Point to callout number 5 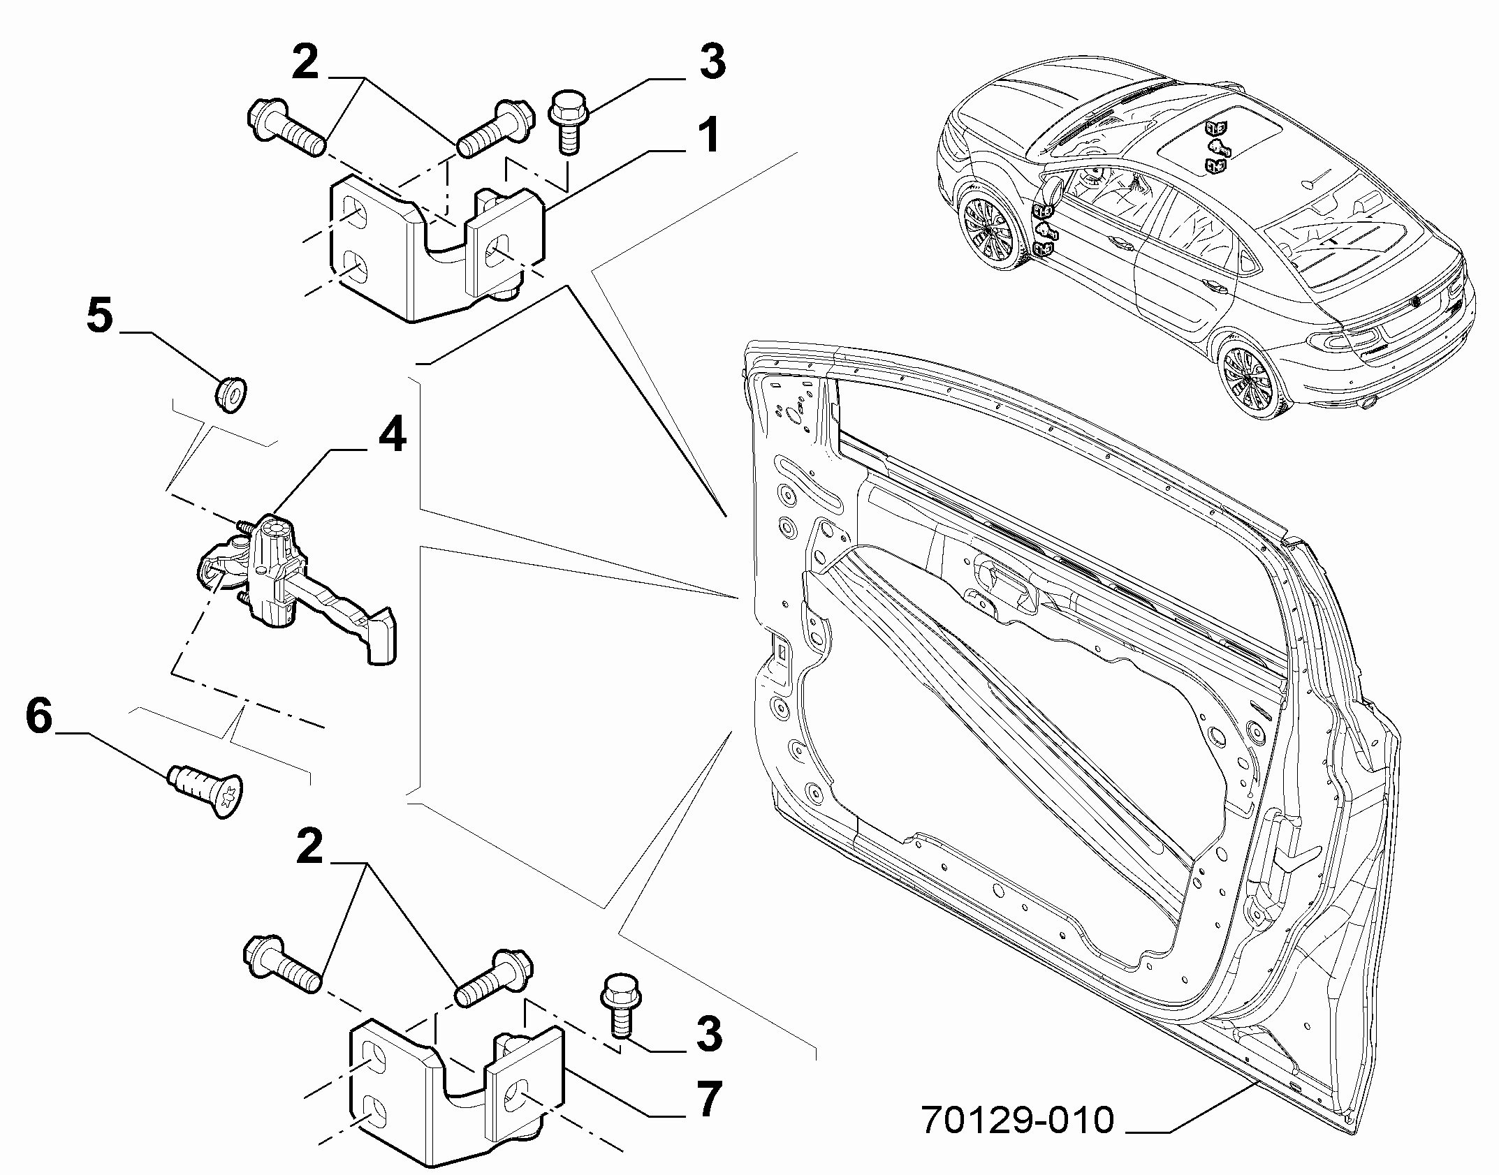click(100, 315)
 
